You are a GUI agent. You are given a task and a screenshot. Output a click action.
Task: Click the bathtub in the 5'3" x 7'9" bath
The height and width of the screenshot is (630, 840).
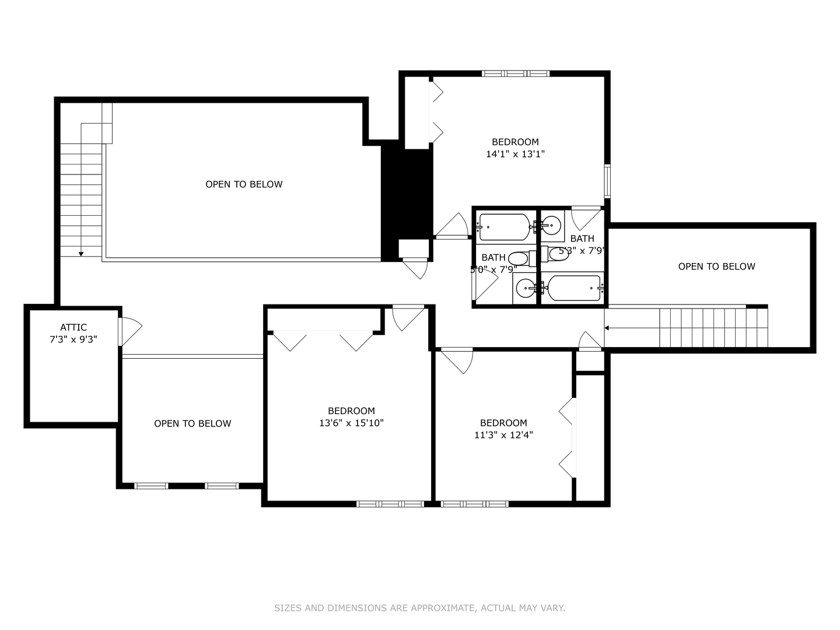tap(573, 288)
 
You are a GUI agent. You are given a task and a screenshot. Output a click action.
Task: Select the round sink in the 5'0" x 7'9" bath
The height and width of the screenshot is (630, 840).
tap(526, 287)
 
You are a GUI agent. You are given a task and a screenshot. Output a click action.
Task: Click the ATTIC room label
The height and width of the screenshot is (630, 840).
tap(73, 327)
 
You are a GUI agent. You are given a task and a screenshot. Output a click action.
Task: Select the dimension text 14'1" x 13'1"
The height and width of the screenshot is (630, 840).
tap(515, 154)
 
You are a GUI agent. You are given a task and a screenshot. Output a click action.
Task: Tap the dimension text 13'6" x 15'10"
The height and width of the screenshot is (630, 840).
tap(351, 423)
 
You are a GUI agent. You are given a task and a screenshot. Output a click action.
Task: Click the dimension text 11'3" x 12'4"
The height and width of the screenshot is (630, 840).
tap(503, 435)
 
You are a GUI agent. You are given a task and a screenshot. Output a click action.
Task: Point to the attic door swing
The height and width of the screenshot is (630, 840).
tap(131, 332)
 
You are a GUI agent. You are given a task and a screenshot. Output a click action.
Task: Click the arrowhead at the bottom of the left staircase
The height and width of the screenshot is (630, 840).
tap(81, 253)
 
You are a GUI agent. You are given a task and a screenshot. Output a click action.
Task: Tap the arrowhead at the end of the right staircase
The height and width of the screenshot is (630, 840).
tap(607, 328)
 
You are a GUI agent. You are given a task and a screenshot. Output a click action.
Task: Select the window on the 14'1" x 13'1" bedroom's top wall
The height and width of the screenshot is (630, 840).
tap(516, 73)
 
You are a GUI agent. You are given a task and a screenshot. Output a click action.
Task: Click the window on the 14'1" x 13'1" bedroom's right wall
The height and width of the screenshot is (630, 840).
tap(607, 181)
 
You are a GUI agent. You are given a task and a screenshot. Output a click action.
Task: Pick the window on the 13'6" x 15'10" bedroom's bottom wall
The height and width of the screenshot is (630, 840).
tap(390, 503)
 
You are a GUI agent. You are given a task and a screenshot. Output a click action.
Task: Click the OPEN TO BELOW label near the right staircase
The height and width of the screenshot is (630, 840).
tap(716, 267)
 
